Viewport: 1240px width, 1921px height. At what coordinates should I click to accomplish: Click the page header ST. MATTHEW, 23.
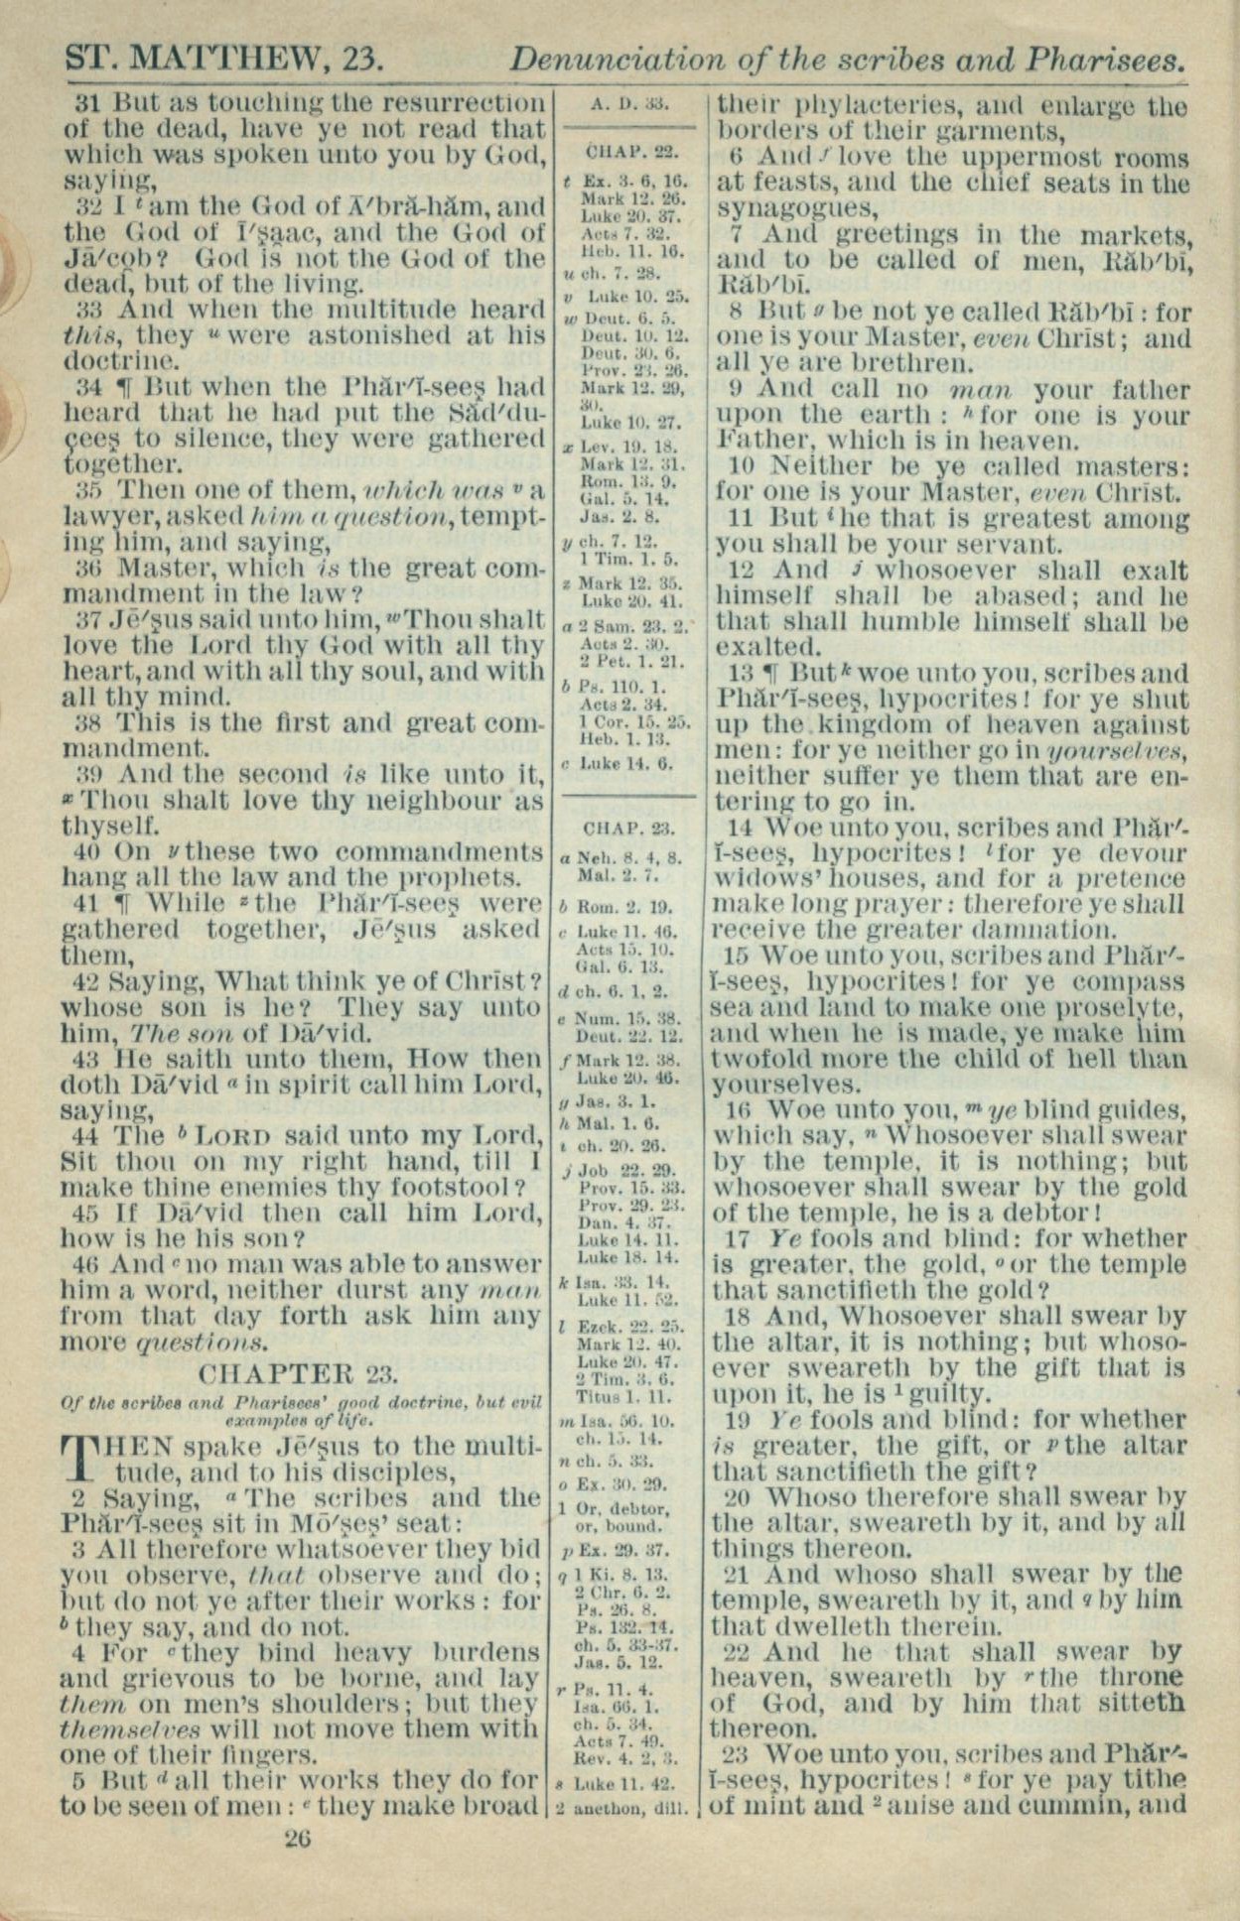(223, 60)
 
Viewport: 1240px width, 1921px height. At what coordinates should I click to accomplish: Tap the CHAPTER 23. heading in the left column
(299, 1374)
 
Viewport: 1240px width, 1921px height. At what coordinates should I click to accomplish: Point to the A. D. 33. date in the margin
(627, 102)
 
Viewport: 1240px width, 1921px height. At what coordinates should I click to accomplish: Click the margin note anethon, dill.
(628, 1809)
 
